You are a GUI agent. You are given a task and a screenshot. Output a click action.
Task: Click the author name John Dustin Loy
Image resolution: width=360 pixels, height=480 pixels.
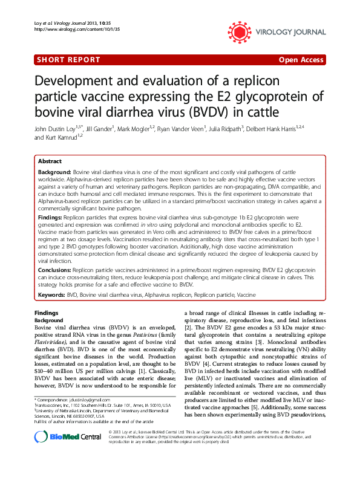coord(56,129)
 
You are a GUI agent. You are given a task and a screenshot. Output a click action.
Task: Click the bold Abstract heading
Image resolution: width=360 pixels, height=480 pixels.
coord(50,162)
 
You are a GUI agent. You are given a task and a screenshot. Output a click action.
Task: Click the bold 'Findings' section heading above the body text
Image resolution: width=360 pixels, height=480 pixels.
coord(47,313)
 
